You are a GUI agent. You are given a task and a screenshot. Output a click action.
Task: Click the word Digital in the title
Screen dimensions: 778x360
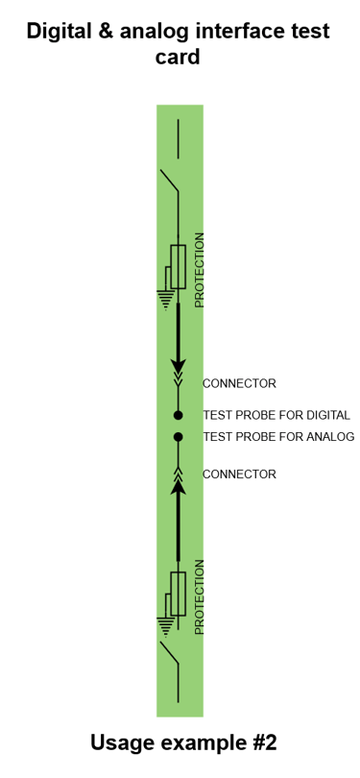pos(63,32)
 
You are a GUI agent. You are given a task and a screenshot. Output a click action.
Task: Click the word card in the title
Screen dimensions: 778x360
pos(178,58)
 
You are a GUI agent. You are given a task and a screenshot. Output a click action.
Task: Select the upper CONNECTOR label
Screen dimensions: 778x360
pos(239,383)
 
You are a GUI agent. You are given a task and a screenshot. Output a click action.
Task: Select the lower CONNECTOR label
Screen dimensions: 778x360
pos(239,474)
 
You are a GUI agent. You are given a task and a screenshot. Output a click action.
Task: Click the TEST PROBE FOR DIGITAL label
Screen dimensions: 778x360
pos(276,416)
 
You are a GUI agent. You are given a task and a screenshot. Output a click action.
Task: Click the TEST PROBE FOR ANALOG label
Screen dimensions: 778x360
pos(278,437)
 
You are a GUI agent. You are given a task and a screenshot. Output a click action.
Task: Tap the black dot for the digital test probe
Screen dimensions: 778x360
pos(178,415)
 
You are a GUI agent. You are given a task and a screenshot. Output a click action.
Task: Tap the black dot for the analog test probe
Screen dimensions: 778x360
pos(178,437)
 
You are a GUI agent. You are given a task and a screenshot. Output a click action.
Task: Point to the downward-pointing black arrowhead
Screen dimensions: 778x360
pos(178,366)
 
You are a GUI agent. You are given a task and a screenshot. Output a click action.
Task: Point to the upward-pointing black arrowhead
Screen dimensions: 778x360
pos(178,487)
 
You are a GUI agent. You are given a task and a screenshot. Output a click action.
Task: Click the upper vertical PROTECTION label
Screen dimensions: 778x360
pos(200,270)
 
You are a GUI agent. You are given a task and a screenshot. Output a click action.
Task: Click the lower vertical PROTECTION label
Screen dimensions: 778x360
pos(200,596)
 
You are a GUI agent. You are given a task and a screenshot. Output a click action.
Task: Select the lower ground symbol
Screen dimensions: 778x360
pos(166,627)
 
